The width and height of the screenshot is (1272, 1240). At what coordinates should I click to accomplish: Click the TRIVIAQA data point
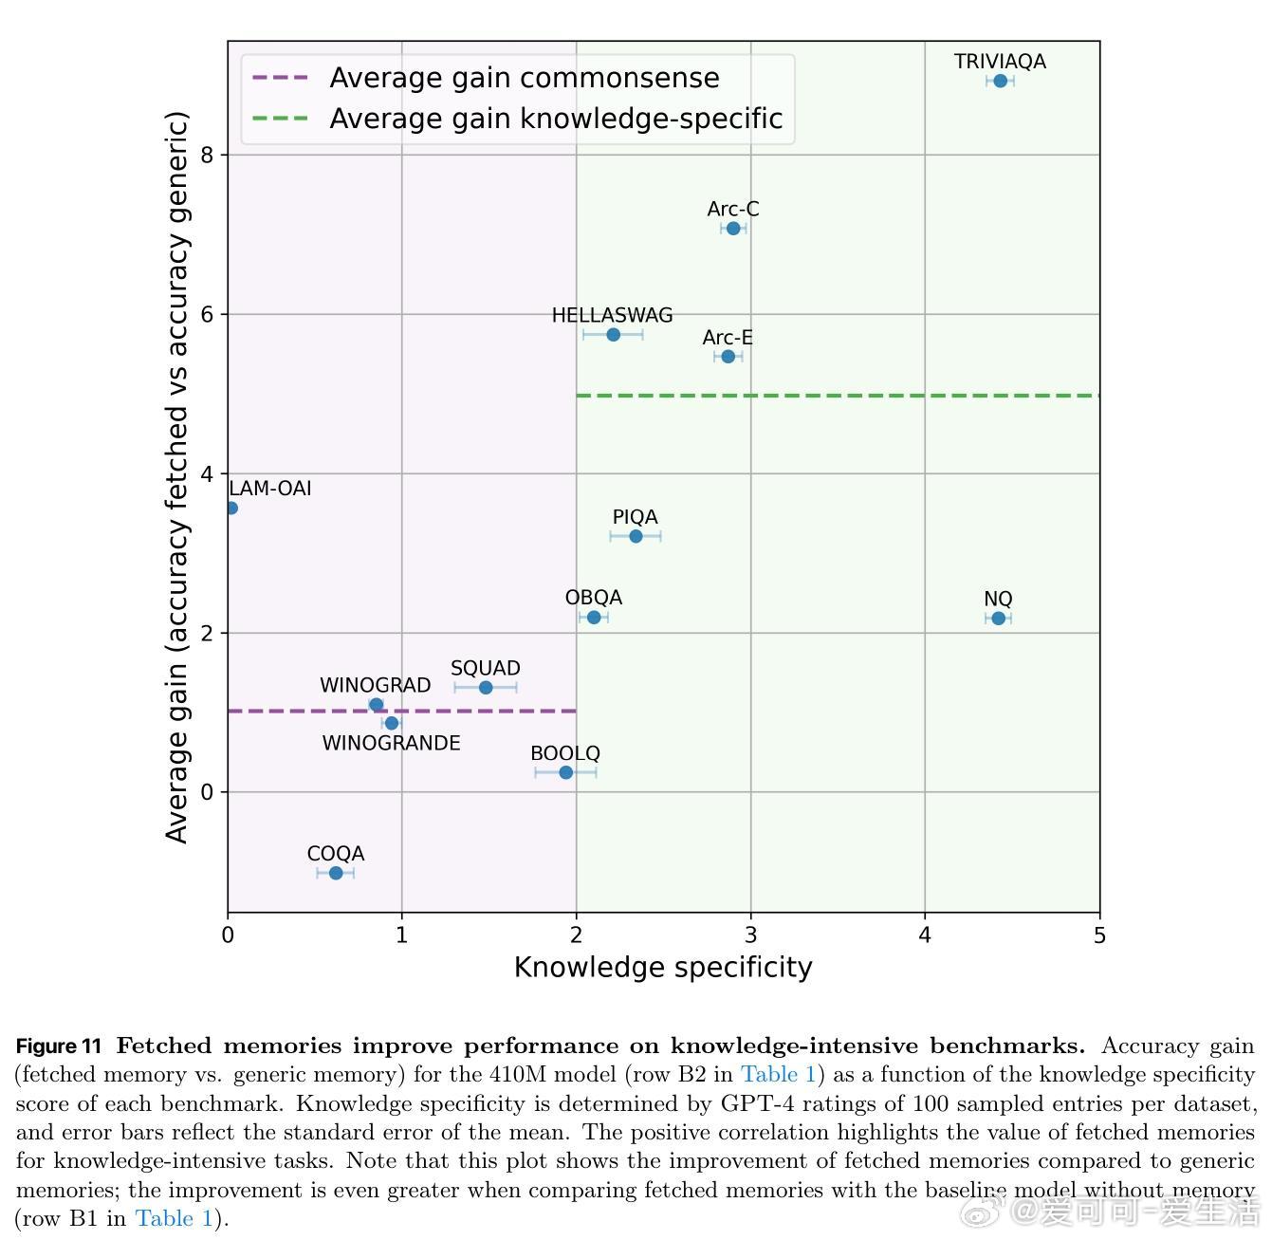[x=1000, y=82]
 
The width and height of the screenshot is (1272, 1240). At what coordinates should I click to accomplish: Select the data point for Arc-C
[x=733, y=229]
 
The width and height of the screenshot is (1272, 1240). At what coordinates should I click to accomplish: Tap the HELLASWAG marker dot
[x=613, y=335]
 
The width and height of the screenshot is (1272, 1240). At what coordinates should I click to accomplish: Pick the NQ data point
[x=998, y=619]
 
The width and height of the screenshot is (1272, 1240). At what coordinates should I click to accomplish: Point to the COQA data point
[x=336, y=873]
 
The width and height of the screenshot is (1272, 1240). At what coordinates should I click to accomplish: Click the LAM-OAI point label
[x=270, y=489]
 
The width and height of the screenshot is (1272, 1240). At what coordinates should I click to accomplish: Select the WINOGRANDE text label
[x=391, y=744]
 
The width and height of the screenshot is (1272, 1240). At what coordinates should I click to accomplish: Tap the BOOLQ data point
[x=566, y=773]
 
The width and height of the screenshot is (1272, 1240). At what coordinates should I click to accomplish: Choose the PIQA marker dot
[x=636, y=537]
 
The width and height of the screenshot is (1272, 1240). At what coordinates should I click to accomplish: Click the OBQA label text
[x=594, y=598]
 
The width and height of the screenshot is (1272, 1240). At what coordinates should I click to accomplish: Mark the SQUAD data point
[x=486, y=688]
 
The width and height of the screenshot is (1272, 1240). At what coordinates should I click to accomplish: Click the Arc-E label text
[x=728, y=338]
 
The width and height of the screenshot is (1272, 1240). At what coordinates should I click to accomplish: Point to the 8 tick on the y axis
[x=208, y=155]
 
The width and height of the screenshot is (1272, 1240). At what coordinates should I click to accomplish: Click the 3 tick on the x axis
[x=750, y=935]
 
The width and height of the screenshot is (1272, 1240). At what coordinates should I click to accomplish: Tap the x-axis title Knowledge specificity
[x=663, y=968]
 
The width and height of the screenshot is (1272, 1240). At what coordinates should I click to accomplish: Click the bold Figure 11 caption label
[x=59, y=1046]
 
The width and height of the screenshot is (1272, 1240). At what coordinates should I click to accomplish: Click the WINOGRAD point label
[x=375, y=685]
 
